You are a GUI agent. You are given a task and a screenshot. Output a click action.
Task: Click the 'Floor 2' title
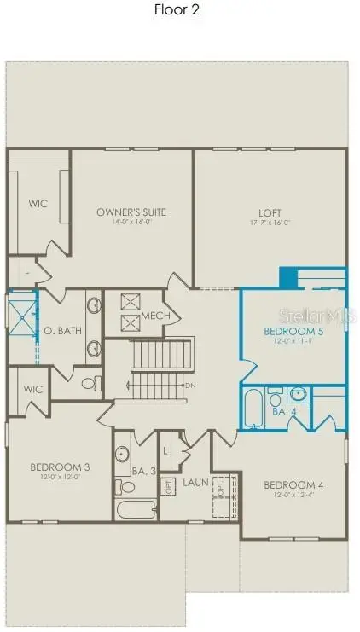(177, 10)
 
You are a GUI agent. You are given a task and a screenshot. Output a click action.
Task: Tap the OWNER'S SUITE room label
(131, 212)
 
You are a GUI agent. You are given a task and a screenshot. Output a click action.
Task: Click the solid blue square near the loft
(288, 278)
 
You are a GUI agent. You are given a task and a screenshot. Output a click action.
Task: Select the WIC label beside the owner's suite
(38, 204)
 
